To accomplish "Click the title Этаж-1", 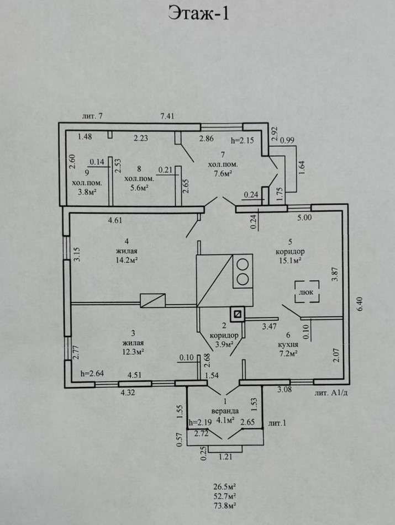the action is [x=198, y=14].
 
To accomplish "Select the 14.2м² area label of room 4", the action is [x=127, y=260].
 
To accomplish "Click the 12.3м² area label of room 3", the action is [x=133, y=352].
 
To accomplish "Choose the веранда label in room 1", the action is [x=225, y=411].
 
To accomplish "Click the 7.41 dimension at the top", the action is [x=167, y=116].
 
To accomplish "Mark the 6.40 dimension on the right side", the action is [x=360, y=304].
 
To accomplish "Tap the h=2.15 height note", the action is [x=242, y=140].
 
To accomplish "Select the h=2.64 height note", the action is [x=92, y=374].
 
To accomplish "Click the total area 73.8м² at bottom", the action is [x=225, y=506].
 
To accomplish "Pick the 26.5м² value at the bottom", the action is [x=225, y=486].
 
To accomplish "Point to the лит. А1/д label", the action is [x=331, y=393].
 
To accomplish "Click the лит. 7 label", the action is [x=92, y=116].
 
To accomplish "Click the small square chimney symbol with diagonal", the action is [x=238, y=315].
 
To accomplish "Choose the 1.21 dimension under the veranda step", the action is [x=225, y=457].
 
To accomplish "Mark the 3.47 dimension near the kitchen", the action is [x=269, y=326].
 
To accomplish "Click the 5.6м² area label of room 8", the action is [x=139, y=188].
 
